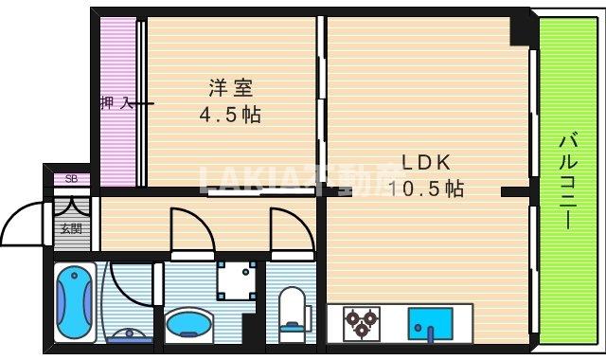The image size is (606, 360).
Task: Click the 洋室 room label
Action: (230, 89)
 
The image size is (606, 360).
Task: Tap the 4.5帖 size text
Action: (230, 116)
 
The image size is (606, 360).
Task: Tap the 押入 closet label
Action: (116, 102)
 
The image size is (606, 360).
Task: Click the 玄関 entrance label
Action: (70, 227)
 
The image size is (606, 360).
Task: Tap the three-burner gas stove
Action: (361, 323)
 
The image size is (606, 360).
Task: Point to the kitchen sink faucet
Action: (430, 332)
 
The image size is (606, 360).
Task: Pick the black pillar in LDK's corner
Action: (520, 29)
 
